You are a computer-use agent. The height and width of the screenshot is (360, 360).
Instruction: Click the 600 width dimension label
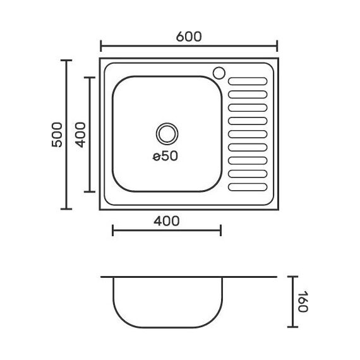point(189,37)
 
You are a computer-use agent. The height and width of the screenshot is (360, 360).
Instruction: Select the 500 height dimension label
point(57,135)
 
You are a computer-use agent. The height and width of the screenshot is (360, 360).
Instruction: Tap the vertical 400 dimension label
point(80,135)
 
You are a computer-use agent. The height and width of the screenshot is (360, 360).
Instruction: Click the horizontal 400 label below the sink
point(167,221)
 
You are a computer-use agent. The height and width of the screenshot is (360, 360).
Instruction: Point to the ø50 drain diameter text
point(165,156)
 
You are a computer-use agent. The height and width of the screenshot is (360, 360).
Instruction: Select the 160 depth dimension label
point(303,301)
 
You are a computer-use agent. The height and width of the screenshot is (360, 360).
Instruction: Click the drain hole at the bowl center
point(167,134)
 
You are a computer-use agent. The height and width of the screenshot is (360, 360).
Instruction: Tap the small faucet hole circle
point(219,73)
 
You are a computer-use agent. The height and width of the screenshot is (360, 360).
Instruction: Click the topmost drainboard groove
point(248,81)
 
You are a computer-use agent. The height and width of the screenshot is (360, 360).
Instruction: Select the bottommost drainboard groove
point(248,187)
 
